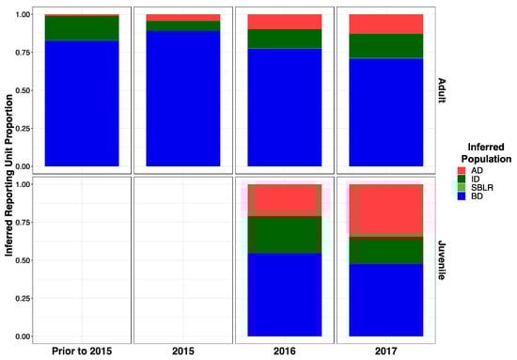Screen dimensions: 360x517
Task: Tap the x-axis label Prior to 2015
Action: click(81, 351)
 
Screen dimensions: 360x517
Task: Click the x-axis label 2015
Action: click(182, 351)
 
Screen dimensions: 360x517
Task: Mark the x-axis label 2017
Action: click(386, 351)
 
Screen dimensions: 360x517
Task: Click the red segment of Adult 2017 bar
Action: click(386, 23)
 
